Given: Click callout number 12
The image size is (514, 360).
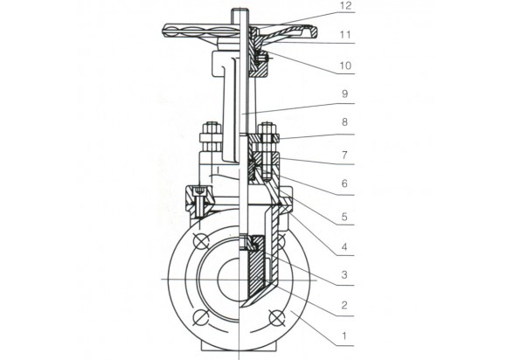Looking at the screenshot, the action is (344, 5).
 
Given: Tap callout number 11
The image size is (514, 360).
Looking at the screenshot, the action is (344, 35).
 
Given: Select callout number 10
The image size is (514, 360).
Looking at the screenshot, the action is (345, 66).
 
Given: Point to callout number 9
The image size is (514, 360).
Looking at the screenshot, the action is (344, 94).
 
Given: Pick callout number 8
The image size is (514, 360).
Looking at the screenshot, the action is (344, 122).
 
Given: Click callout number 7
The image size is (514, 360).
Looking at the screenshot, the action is (344, 155).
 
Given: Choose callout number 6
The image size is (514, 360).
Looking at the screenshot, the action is (344, 183).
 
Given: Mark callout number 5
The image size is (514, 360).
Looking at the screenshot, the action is (344, 217).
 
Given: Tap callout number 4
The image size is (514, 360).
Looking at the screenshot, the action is (344, 246).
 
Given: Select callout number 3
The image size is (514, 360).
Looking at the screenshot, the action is (344, 274).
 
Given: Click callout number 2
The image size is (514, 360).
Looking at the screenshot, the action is (344, 305).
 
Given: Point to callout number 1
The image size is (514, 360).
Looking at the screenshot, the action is (344, 336).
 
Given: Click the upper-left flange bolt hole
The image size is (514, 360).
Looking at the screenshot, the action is (201, 242).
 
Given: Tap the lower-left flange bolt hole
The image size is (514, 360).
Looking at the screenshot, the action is (201, 317).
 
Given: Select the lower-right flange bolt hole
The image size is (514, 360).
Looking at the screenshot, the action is (276, 317).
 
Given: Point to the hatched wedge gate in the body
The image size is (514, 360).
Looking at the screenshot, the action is (255, 268).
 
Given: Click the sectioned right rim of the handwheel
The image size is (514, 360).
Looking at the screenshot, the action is (310, 31).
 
